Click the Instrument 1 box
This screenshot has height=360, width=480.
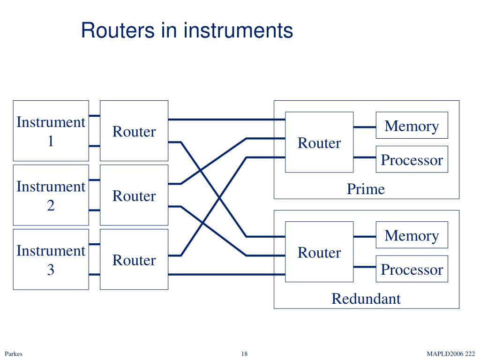coord(51,131)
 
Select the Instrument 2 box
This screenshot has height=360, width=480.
coord(51,195)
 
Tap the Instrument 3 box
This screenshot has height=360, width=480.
coord(51,259)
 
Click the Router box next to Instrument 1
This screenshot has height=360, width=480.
coord(134,131)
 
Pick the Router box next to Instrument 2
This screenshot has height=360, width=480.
coord(134,195)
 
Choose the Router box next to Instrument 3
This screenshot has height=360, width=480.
coord(134,259)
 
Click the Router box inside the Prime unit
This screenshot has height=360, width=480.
coord(319,142)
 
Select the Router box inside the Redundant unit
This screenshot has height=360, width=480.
coord(319,252)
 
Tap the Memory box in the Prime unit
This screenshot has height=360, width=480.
coord(412,125)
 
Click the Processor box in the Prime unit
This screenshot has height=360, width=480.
coord(412,159)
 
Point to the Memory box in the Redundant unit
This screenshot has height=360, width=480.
coord(412,235)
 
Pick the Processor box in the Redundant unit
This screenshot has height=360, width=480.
coord(412,269)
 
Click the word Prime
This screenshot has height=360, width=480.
coord(366,189)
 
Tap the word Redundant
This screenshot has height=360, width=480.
coord(366,299)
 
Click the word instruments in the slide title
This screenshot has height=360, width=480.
coord(239,30)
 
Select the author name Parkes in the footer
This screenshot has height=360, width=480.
coord(14,354)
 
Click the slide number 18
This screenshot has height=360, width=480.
coord(244,354)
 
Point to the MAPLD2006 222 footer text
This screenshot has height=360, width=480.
coord(450,354)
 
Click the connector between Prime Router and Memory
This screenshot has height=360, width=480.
coord(365,127)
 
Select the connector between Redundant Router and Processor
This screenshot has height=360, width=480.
coord(365,267)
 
